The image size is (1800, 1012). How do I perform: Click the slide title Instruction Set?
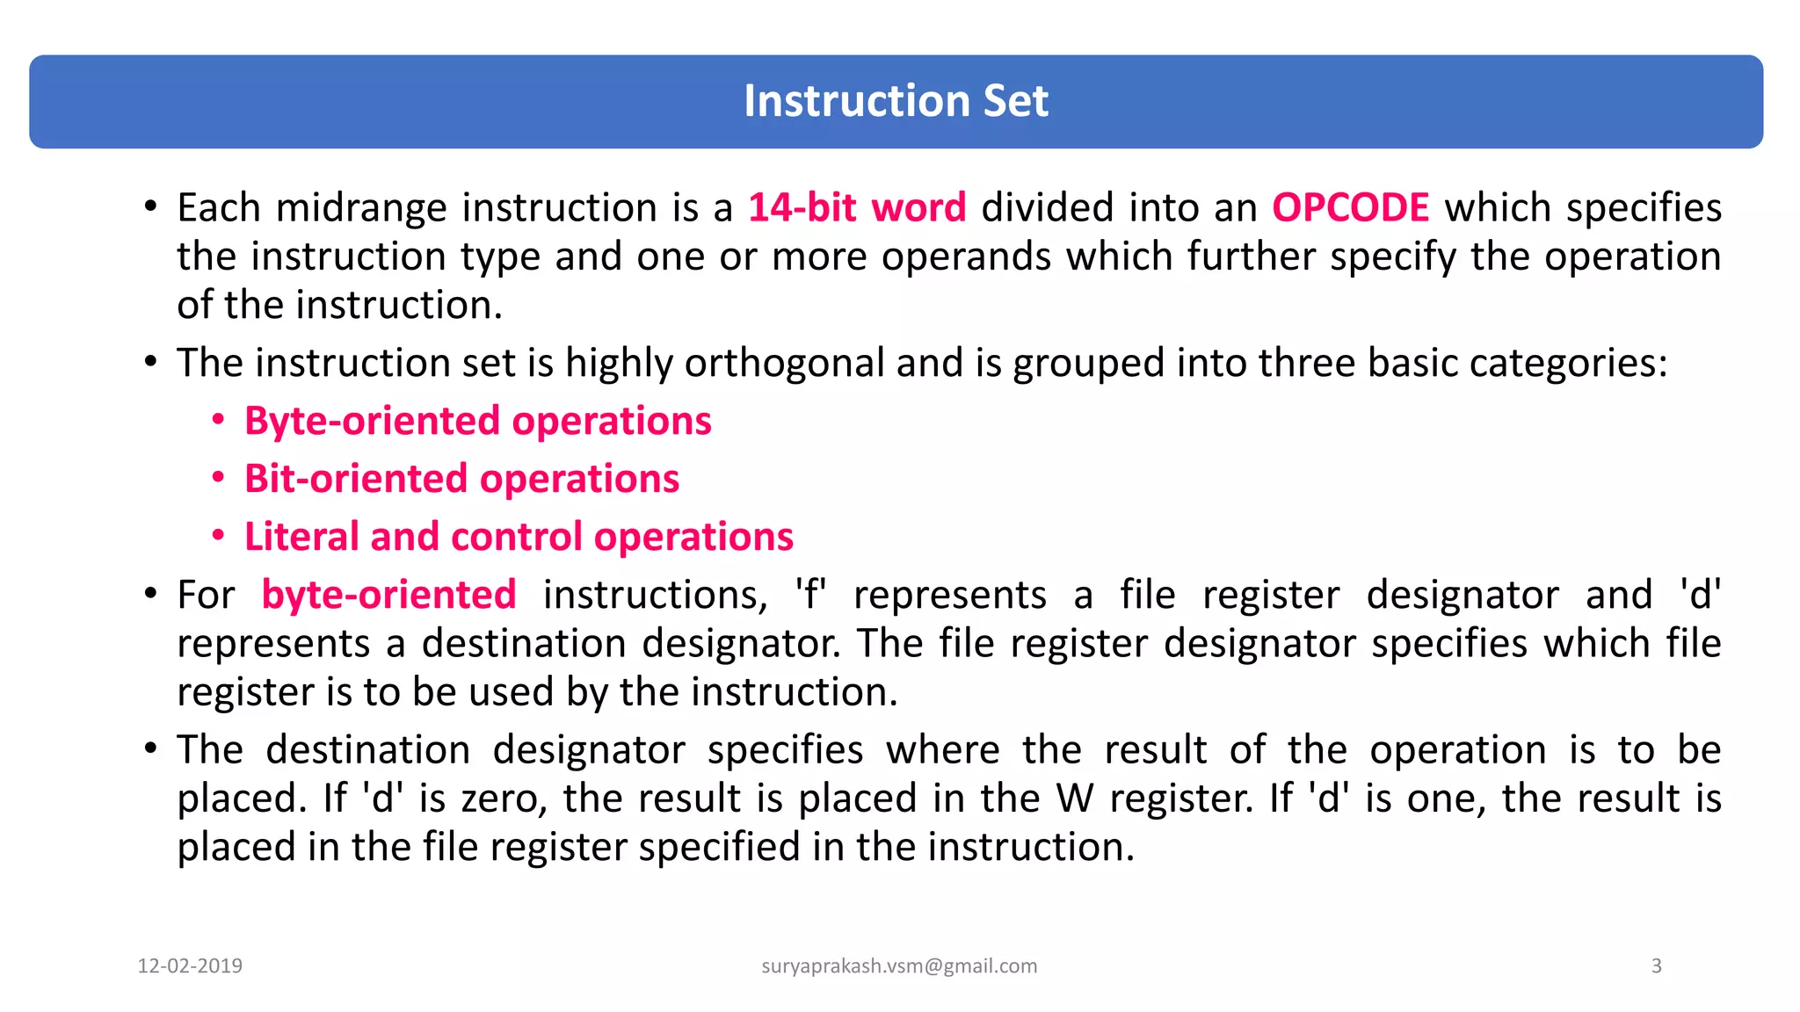[896, 101]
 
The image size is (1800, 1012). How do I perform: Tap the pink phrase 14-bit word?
[857, 208]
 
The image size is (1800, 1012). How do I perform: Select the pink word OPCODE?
[1350, 208]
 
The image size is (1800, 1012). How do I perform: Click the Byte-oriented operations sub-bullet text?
[477, 421]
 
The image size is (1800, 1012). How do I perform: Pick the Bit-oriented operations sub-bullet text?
[461, 479]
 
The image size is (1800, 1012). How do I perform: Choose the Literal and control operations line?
[519, 537]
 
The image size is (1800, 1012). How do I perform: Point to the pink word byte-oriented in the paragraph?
[388, 595]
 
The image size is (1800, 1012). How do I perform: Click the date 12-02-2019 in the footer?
[190, 966]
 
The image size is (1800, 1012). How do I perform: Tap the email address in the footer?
[899, 966]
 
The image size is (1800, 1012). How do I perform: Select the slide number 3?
[1656, 966]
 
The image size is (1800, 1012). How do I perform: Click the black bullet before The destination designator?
[151, 749]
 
